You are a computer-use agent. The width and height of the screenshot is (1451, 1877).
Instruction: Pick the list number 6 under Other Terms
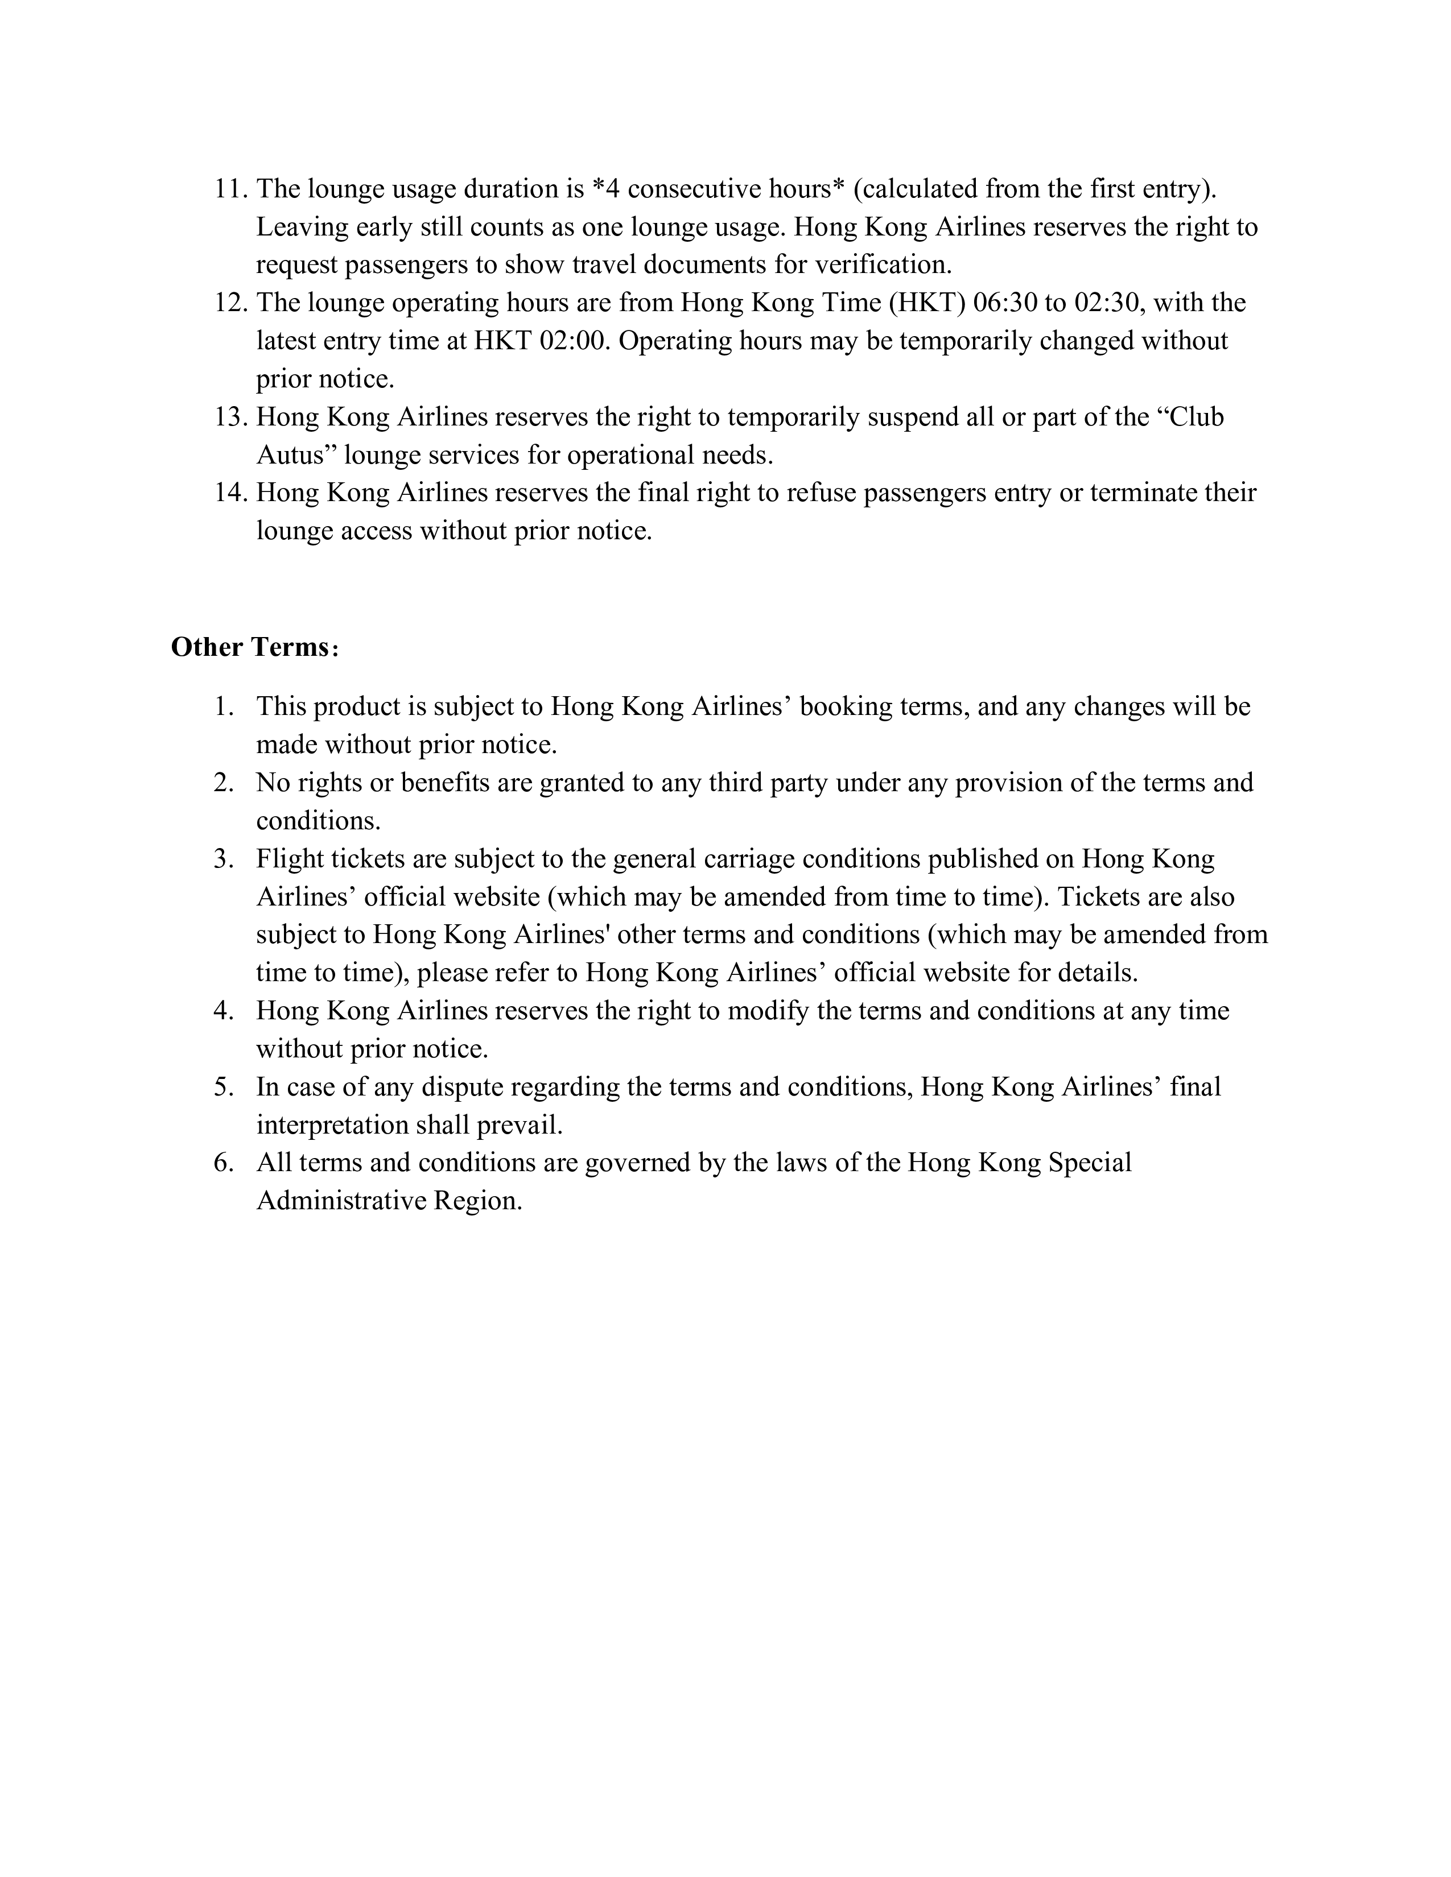[x=224, y=1163]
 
